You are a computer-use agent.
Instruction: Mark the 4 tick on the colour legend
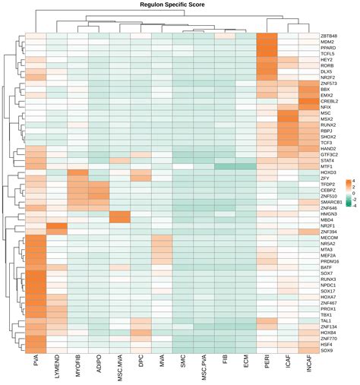(x=350, y=180)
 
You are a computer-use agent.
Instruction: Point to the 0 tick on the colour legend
(x=350, y=191)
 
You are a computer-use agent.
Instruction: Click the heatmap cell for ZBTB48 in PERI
(x=267, y=36)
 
